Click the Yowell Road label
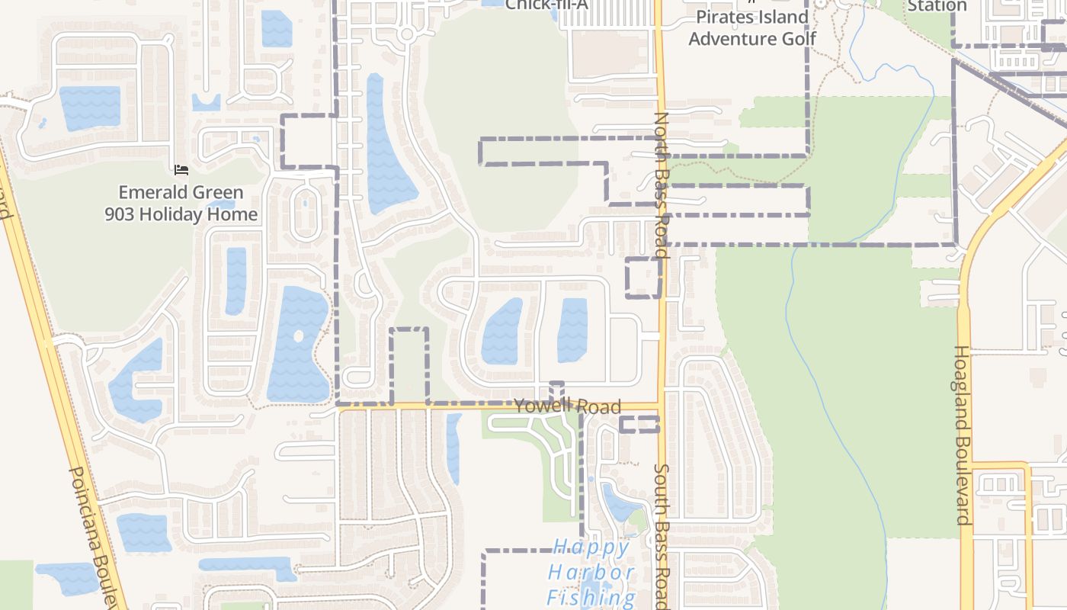click(x=567, y=406)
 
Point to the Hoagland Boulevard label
click(x=963, y=435)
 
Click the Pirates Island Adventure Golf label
click(x=752, y=27)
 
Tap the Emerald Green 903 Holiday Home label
click(x=181, y=204)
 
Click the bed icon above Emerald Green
click(x=181, y=169)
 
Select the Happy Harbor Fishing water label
click(x=591, y=572)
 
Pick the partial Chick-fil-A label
click(x=539, y=5)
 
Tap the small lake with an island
click(x=297, y=343)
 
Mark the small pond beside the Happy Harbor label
click(x=619, y=503)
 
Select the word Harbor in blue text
click(x=591, y=573)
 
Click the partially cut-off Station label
click(x=937, y=6)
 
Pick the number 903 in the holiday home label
click(x=123, y=215)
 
